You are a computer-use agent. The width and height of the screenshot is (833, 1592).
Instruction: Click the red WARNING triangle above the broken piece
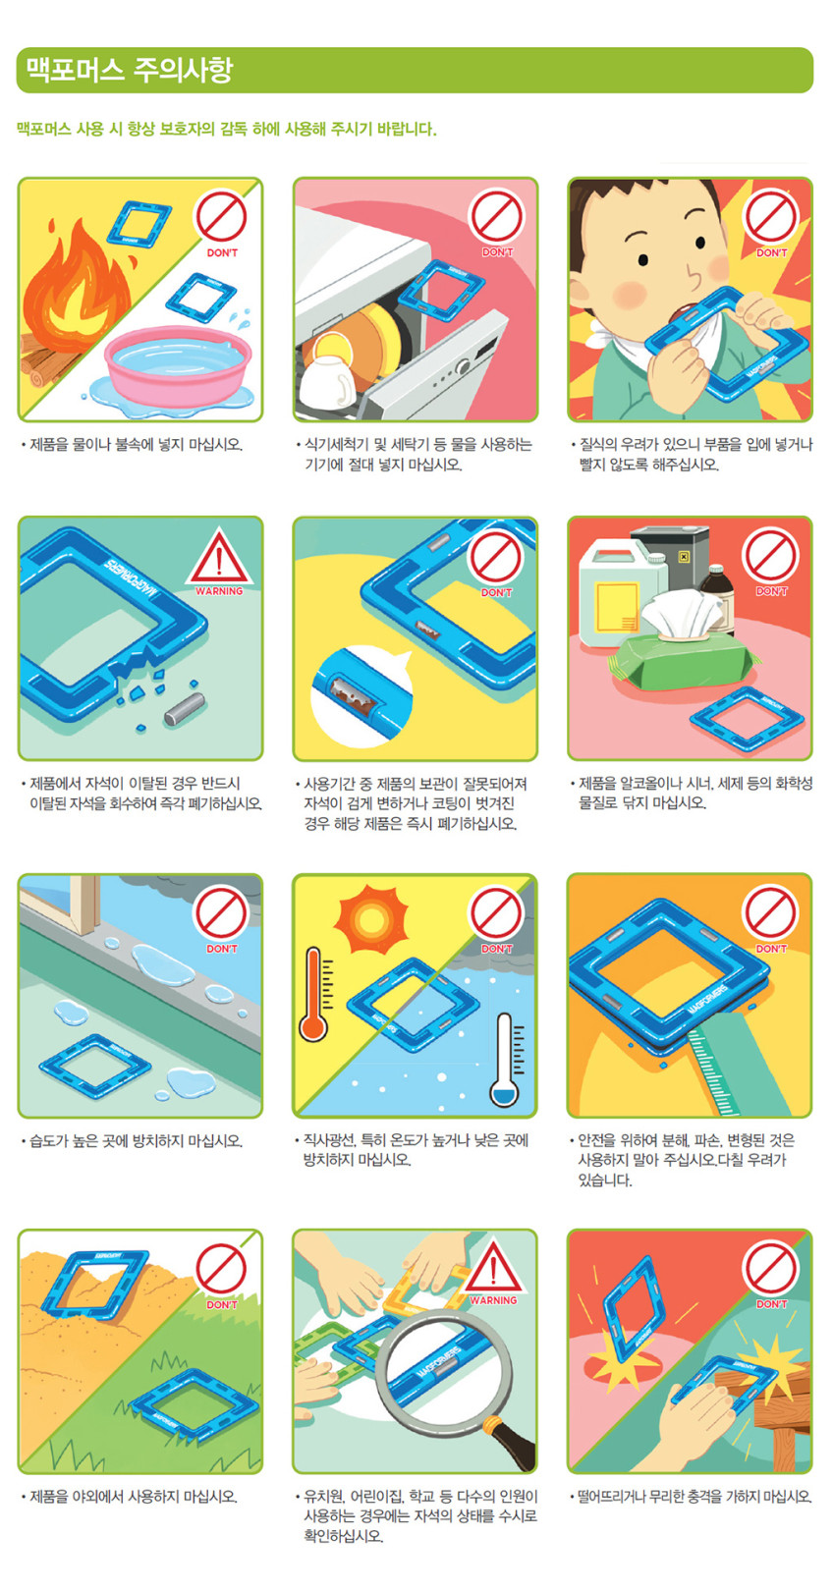point(219,562)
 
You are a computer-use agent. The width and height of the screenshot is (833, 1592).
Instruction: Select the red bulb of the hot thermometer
point(313,1027)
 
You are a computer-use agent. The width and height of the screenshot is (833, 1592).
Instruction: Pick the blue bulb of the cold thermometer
point(505,1092)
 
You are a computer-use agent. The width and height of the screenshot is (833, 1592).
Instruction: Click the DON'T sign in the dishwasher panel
point(497,223)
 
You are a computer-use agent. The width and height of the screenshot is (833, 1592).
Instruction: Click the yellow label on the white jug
point(617,607)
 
